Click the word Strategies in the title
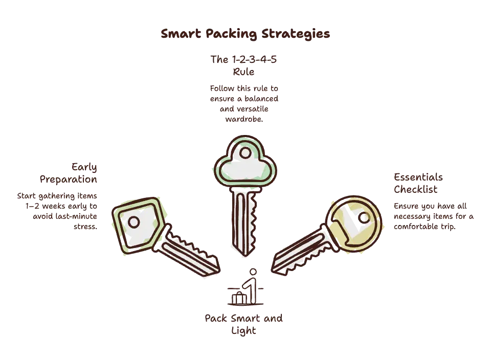296,34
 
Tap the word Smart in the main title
181,33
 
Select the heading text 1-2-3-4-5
254,59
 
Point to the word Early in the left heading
84,167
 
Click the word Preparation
68,179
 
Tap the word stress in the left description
85,227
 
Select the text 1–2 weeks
45,206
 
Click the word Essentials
418,177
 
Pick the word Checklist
415,189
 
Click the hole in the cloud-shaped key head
245,153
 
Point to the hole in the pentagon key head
133,222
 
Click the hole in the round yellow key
364,217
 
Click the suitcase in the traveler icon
239,298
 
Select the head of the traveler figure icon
253,272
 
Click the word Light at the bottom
243,331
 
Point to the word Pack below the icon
216,319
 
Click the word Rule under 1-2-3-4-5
243,72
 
